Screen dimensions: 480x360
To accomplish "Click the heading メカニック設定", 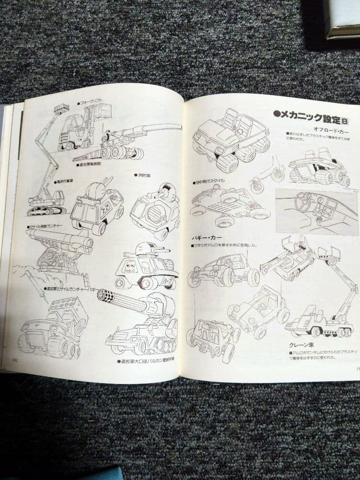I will click(x=307, y=116).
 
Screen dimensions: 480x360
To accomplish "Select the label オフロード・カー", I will click(x=331, y=132).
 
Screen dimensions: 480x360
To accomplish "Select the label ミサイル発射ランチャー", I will click(x=45, y=226).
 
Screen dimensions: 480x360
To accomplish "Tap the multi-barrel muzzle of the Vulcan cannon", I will click(x=105, y=296).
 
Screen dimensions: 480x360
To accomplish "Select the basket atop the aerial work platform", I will click(x=62, y=108).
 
